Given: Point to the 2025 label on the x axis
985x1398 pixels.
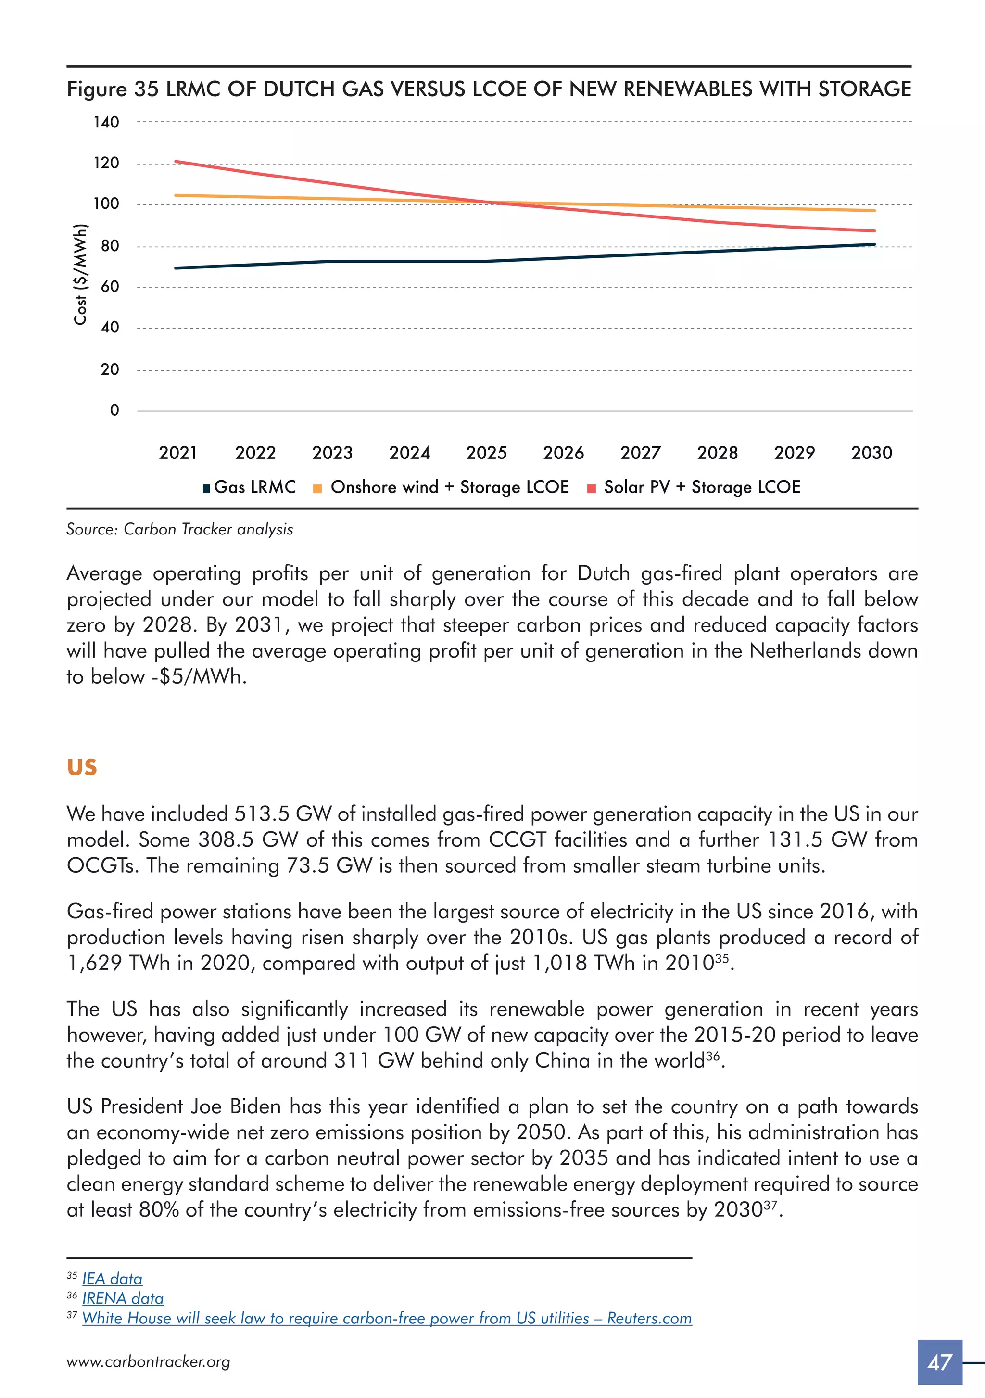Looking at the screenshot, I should coord(486,453).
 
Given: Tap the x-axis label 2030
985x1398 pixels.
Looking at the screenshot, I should coord(871,453).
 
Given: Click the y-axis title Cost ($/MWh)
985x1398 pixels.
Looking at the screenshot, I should coord(80,275).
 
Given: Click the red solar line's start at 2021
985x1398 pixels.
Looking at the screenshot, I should coord(177,162).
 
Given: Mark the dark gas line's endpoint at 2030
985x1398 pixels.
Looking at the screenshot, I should coord(873,245).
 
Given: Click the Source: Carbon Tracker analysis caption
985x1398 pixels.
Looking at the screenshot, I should coord(179,529).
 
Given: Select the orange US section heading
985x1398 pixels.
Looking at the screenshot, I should coord(82,767).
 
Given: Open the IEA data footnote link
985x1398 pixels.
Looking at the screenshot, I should coord(112,1279).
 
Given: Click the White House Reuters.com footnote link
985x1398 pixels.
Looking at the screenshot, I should coord(387,1318).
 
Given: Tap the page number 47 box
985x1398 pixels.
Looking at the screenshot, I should coord(939,1362).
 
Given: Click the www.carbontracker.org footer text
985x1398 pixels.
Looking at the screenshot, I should coord(149,1362).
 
